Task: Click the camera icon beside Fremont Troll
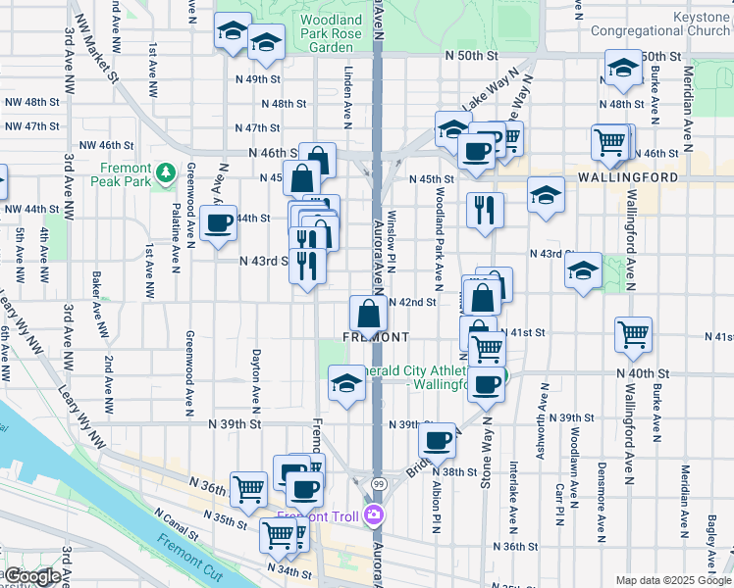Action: [x=373, y=515]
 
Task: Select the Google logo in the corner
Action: [x=32, y=576]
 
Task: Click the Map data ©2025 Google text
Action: [x=673, y=580]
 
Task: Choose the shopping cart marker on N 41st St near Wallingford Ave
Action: [x=633, y=334]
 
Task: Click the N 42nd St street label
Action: [x=412, y=302]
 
